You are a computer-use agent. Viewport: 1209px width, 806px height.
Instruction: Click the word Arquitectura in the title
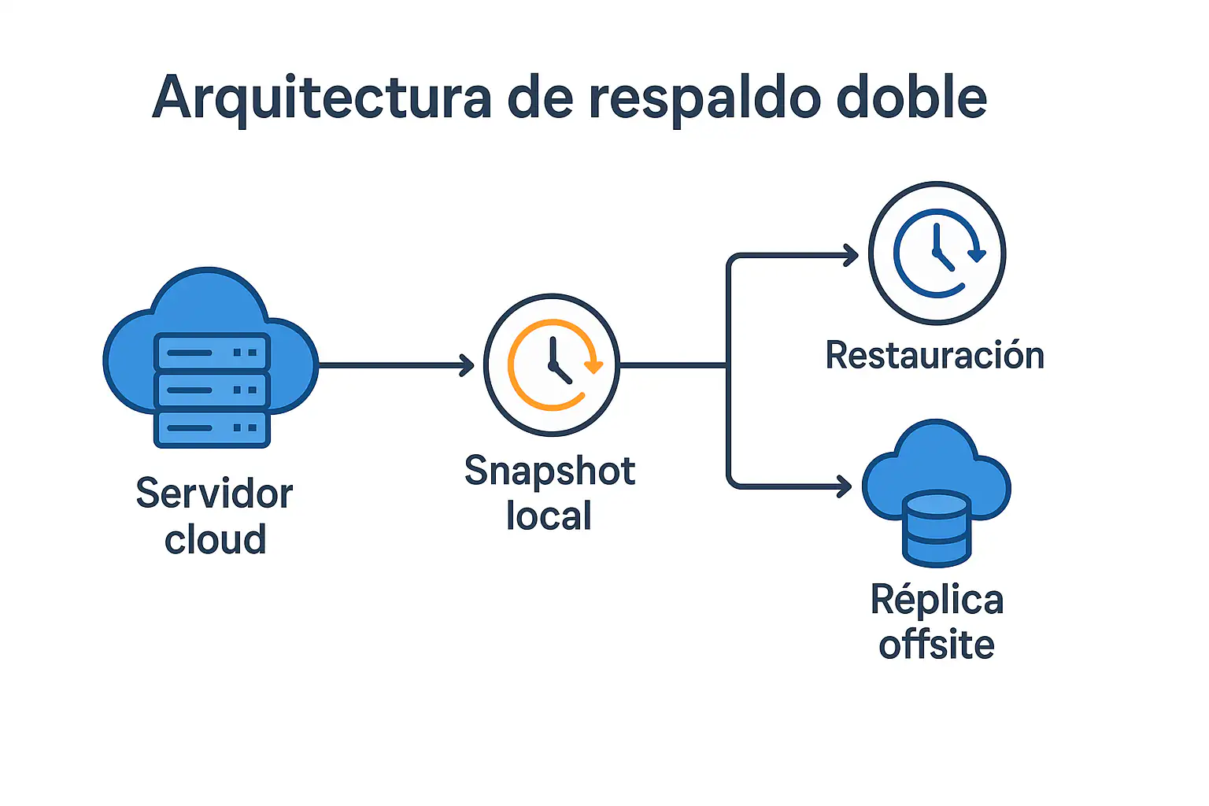click(322, 98)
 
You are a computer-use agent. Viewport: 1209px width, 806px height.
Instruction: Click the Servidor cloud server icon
click(211, 358)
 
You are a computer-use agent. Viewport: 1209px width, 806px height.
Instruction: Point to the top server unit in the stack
click(212, 352)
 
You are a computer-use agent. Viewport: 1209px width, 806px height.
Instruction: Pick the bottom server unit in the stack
click(212, 427)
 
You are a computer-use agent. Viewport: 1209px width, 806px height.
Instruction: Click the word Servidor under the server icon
click(214, 494)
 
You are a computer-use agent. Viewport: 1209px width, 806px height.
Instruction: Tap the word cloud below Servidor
click(215, 539)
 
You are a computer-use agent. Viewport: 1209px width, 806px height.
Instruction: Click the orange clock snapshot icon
click(552, 364)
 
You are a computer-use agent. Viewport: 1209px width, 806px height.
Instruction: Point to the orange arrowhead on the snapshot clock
click(593, 366)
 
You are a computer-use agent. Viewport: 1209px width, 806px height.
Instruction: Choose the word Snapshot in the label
click(549, 471)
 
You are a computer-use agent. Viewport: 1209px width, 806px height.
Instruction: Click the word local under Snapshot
click(549, 516)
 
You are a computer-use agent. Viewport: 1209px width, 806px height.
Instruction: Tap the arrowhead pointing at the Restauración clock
click(851, 255)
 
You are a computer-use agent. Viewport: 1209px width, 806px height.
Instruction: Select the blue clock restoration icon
click(937, 253)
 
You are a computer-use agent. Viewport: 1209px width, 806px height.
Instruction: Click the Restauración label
click(934, 356)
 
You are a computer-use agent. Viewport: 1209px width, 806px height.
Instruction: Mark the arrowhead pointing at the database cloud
click(845, 486)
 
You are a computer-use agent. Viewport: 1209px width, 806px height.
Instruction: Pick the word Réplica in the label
click(937, 600)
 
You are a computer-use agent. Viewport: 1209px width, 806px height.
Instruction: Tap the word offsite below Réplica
click(937, 645)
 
